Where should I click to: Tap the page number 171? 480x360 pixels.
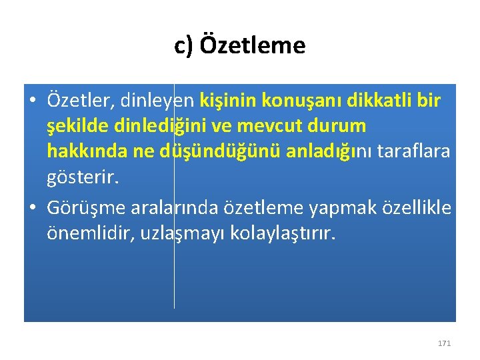(444, 343)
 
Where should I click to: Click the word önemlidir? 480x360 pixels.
(91, 234)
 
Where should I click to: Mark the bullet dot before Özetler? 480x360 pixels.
(32, 101)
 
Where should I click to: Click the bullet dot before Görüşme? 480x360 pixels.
(32, 209)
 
